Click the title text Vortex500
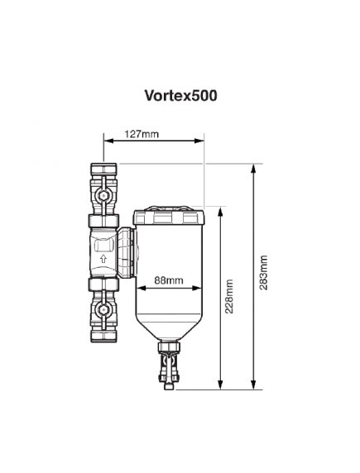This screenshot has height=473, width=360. [180, 96]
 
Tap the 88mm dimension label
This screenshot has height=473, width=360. [169, 280]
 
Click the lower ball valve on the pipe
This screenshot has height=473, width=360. [103, 312]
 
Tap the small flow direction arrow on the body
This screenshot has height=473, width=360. [103, 258]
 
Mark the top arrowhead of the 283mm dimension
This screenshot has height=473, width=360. [252, 165]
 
